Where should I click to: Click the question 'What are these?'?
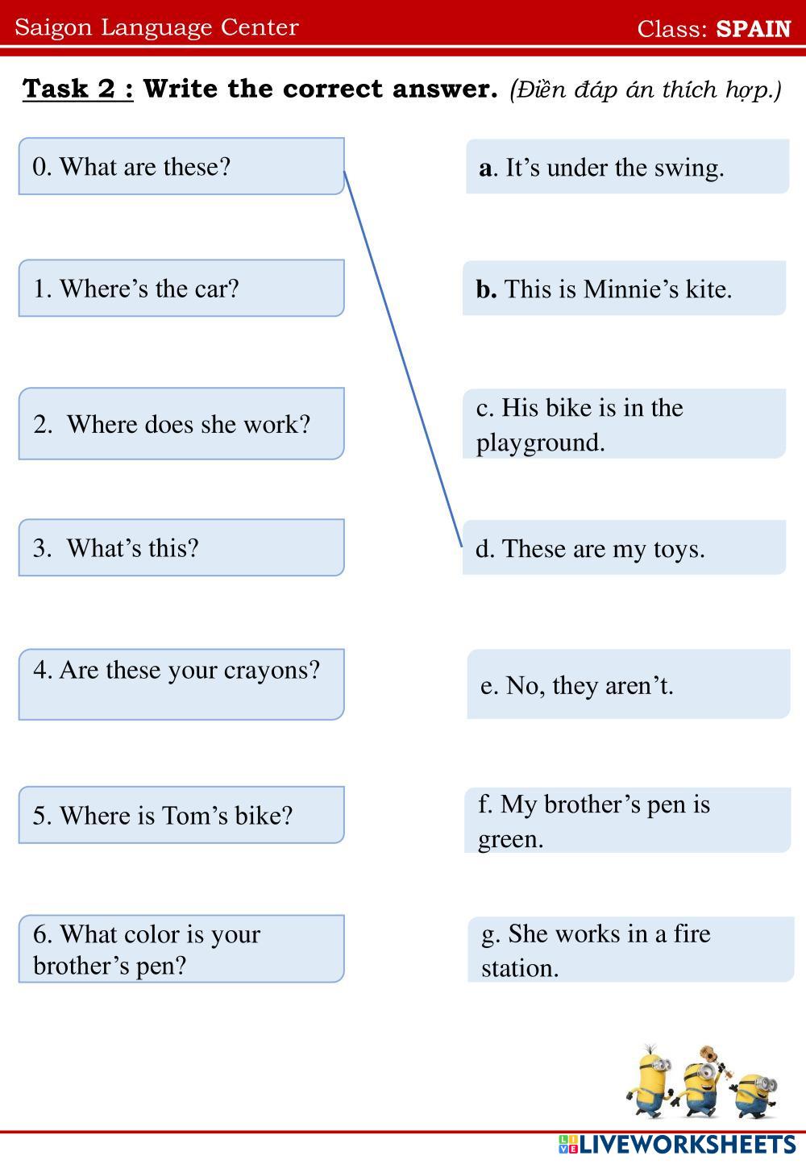(181, 167)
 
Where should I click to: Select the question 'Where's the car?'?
(181, 289)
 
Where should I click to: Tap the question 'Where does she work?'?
(181, 424)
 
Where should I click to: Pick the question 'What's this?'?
(181, 548)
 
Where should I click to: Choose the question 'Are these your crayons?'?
(181, 684)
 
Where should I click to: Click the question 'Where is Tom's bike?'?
(181, 815)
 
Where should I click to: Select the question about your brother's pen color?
(181, 949)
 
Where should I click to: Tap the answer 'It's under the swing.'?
(627, 167)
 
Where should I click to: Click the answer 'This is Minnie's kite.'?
(624, 289)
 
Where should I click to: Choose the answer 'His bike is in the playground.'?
(624, 424)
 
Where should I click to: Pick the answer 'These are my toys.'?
(624, 548)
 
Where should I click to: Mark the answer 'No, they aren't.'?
(628, 685)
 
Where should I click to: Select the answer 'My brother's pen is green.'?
(627, 821)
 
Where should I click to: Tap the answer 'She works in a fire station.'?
(630, 950)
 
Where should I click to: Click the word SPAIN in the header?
(754, 28)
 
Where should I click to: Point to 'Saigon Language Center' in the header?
(156, 27)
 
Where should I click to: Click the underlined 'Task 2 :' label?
(78, 88)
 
